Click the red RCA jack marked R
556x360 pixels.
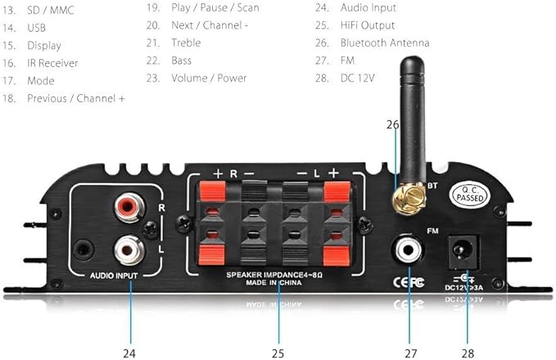pyautogui.click(x=129, y=207)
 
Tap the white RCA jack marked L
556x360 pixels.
pyautogui.click(x=129, y=250)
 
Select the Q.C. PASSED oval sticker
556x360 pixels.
pyautogui.click(x=469, y=194)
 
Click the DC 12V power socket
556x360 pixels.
pyautogui.click(x=463, y=251)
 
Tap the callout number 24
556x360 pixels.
pyautogui.click(x=129, y=353)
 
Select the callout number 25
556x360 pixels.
pyautogui.click(x=278, y=353)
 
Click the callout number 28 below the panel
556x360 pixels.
pyautogui.click(x=468, y=353)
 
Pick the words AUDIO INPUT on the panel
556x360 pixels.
pyautogui.click(x=114, y=276)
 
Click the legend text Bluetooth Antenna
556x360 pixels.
pyautogui.click(x=385, y=43)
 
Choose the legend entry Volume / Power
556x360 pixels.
pyautogui.click(x=209, y=78)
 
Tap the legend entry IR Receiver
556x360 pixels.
pyautogui.click(x=52, y=63)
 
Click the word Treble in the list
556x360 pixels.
pyautogui.click(x=186, y=43)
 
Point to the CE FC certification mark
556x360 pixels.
pyautogui.click(x=409, y=282)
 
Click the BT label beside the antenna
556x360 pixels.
pyautogui.click(x=432, y=185)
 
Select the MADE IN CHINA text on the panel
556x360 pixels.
pyautogui.click(x=273, y=283)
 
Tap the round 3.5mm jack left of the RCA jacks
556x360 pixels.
pyautogui.click(x=84, y=250)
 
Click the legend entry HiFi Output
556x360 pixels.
pyautogui.click(x=368, y=25)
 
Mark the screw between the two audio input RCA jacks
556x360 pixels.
pyautogui.click(x=151, y=230)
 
